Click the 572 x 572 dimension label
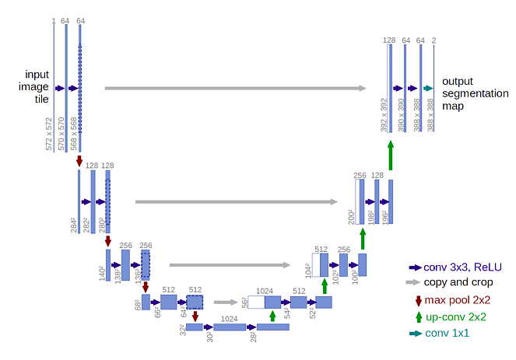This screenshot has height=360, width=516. (x=49, y=134)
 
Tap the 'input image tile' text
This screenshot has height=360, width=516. (x=33, y=86)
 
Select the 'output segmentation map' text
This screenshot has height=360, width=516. (x=476, y=93)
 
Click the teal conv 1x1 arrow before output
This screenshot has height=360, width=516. (x=428, y=88)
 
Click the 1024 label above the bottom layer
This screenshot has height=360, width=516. (x=229, y=319)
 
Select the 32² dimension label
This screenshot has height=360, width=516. (x=183, y=330)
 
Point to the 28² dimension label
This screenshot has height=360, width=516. (x=253, y=337)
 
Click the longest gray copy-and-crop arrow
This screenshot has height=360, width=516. (x=235, y=88)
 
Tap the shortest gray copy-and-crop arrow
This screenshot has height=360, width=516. (x=226, y=302)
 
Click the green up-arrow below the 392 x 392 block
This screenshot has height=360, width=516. (x=391, y=156)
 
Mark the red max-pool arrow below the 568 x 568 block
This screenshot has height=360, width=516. (x=79, y=161)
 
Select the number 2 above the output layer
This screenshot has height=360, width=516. (x=434, y=40)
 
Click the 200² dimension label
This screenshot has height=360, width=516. (x=351, y=217)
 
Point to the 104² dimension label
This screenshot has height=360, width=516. (x=308, y=271)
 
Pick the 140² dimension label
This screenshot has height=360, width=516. (x=102, y=273)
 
